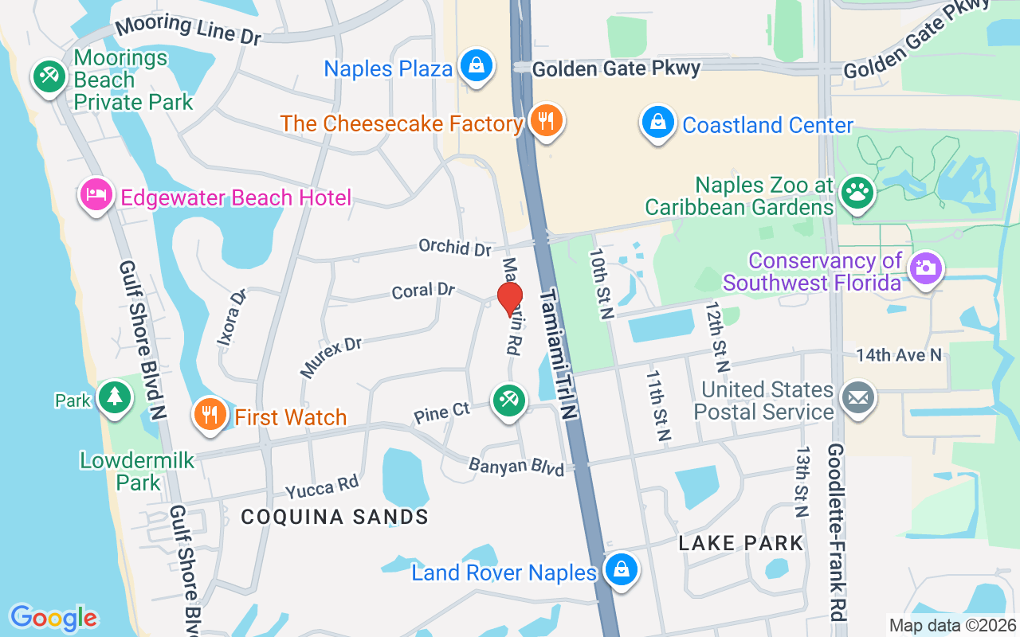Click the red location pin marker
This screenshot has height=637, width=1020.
pos(510,299)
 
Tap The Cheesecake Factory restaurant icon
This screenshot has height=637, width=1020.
pos(546,121)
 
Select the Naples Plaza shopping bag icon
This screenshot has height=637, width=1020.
pos(477,65)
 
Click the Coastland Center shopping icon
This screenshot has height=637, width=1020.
pos(658,123)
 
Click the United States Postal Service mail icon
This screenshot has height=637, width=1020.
pos(858,397)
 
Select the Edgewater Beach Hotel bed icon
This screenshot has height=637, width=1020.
pos(96,195)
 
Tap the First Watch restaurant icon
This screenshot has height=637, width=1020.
pos(210,415)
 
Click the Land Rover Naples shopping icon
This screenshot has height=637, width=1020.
pos(620,570)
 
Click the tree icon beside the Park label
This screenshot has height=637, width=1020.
pos(115,397)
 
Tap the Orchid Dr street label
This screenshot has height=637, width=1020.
pos(455,247)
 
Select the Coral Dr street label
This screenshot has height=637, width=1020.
pos(423,291)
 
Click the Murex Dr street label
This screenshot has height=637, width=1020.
pos(331,357)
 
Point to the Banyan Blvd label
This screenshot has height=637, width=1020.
pos(516,465)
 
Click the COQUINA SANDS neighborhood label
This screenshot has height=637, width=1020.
pos(335,517)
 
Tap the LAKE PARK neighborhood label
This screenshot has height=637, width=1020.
pos(741,543)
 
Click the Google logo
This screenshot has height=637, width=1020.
pos(53,617)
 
